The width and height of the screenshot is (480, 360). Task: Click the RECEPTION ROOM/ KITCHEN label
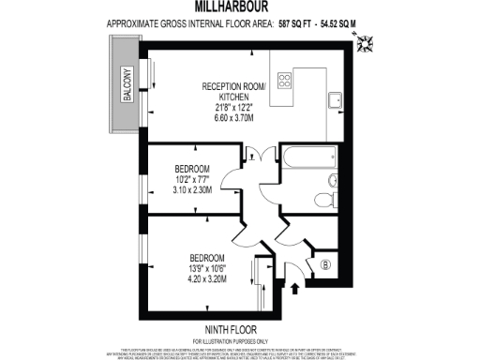coord(234,92)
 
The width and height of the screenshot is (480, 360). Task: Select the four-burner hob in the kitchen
coord(286,79)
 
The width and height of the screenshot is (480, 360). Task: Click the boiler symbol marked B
coord(325,263)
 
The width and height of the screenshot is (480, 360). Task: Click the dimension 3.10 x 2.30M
coord(194,190)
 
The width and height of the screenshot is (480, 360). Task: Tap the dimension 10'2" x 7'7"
coord(194,178)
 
